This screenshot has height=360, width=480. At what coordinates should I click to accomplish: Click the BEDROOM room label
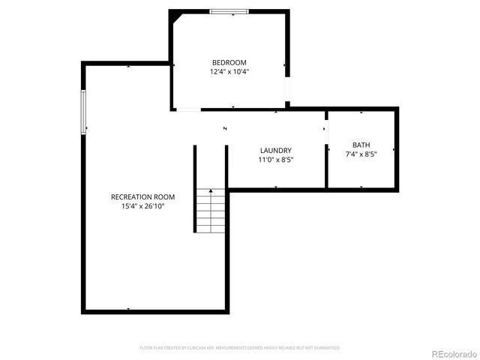(229, 62)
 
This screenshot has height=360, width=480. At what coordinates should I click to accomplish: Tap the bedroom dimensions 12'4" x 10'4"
(229, 72)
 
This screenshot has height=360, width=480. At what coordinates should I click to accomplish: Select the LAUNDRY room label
(275, 150)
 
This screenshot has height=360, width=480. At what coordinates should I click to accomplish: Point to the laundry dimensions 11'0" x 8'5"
(275, 160)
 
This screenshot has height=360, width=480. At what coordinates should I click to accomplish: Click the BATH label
(361, 145)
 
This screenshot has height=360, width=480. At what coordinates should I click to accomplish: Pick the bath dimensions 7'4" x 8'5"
(361, 154)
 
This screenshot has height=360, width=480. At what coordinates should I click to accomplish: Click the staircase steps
(211, 214)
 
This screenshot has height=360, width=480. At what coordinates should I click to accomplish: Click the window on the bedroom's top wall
(229, 11)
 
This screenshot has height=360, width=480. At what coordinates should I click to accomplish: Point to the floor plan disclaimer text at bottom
(240, 348)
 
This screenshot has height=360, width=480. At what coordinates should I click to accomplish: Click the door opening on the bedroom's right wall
(287, 91)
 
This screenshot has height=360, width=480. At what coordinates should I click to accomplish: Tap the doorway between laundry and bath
(326, 129)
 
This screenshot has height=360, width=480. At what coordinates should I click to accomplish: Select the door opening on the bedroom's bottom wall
(188, 110)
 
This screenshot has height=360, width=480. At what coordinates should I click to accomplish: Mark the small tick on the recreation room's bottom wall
(128, 309)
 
